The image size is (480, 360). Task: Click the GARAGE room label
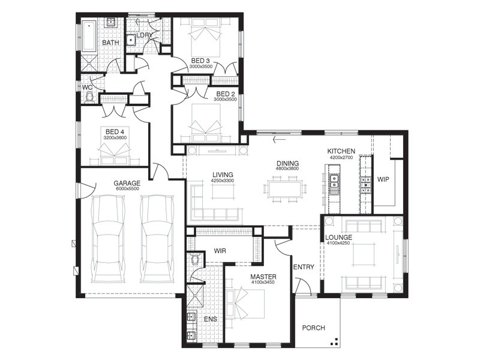127,183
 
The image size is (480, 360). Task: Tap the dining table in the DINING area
285,190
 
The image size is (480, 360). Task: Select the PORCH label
313,328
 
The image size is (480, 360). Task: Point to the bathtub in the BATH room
89,35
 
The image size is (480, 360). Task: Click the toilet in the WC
89,98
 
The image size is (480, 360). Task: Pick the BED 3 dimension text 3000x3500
201,67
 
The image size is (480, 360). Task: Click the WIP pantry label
383,179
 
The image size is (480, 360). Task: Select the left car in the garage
109,239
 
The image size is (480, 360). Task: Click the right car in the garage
157,239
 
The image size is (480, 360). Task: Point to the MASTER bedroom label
263,277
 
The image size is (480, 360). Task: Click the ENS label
211,319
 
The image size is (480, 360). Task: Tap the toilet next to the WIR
194,260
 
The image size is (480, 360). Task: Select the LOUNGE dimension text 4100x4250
338,243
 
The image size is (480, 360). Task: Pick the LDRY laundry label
145,35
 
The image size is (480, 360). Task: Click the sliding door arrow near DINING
278,140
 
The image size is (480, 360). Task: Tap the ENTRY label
304,267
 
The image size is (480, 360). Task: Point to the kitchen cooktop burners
365,185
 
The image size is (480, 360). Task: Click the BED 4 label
115,132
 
